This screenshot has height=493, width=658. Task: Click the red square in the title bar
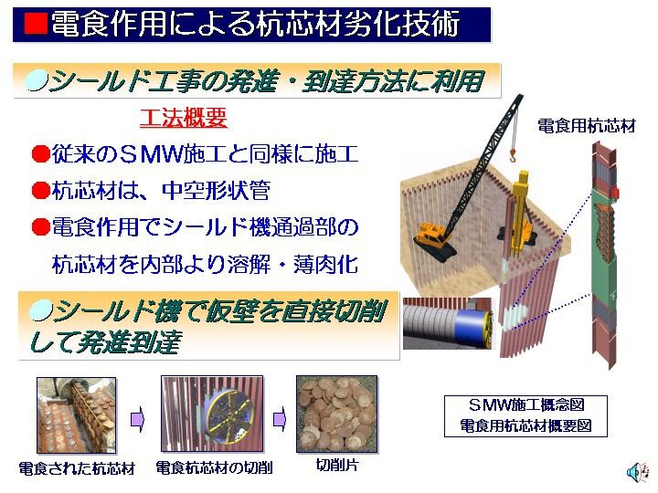(36, 23)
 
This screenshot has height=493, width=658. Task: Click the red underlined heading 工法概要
(184, 118)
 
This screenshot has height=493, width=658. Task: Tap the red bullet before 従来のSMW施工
(41, 154)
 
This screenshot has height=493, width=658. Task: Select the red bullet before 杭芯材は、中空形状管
(41, 190)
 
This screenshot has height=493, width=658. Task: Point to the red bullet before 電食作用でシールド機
(41, 226)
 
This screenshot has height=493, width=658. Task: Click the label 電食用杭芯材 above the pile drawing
(587, 126)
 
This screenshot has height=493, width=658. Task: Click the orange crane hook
(513, 156)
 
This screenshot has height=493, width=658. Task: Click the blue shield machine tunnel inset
(447, 323)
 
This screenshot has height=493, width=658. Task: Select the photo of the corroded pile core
(77, 415)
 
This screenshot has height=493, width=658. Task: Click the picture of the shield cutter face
(212, 414)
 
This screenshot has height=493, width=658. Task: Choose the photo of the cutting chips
(337, 414)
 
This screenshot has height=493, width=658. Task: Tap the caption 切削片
(337, 465)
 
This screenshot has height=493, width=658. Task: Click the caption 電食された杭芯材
(77, 468)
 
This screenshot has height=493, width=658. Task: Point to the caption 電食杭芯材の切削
(214, 467)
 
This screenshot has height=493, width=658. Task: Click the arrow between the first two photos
(137, 419)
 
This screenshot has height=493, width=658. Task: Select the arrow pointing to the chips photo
(280, 419)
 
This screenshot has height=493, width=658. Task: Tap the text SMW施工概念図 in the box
(526, 405)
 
